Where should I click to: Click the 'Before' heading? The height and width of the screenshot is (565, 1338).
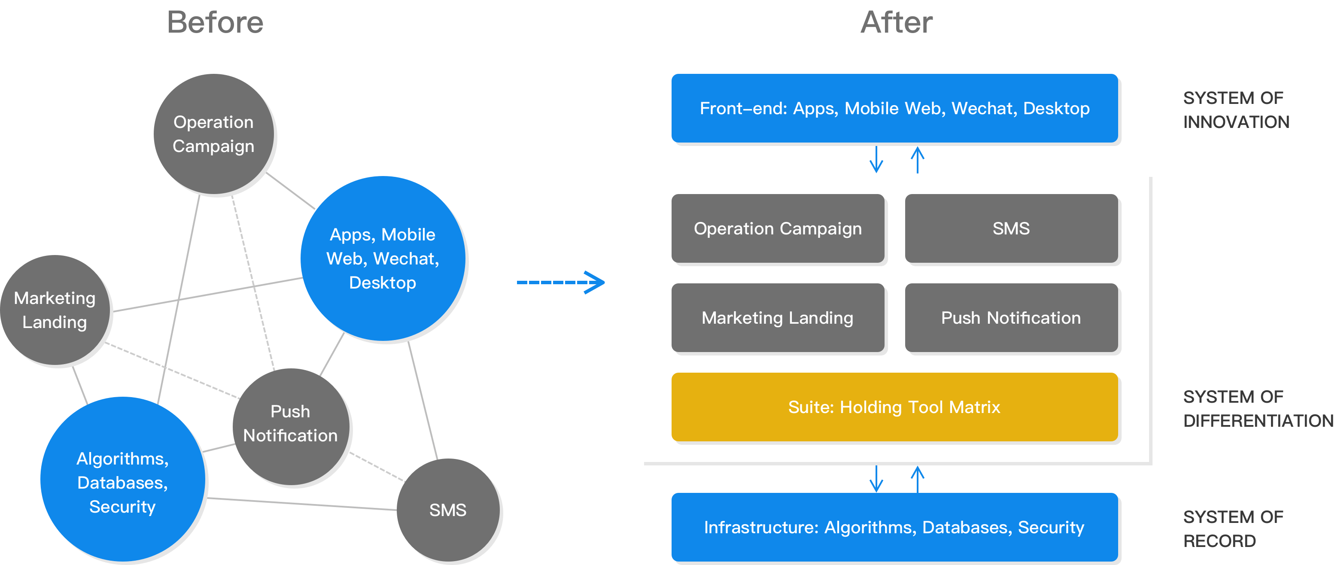[x=215, y=23]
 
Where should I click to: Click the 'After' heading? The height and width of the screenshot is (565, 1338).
[x=897, y=23]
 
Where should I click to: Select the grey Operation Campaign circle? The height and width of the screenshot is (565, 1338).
[x=214, y=134]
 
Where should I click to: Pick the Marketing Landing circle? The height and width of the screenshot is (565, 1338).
[x=55, y=310]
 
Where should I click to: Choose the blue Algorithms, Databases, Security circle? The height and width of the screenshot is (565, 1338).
[x=122, y=480]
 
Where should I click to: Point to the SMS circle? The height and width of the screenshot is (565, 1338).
[x=448, y=510]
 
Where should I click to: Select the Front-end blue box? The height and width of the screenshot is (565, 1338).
[x=894, y=108]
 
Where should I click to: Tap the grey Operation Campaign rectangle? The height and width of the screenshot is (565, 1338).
[x=778, y=228]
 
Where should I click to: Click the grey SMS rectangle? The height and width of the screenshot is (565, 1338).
[x=1011, y=228]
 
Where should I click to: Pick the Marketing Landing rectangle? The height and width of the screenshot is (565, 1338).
[x=778, y=318]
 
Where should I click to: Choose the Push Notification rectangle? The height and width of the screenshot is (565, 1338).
[x=1011, y=318]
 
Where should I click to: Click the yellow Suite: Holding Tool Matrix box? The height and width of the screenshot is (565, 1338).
[x=894, y=407]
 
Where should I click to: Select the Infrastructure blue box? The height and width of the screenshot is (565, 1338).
[x=894, y=528]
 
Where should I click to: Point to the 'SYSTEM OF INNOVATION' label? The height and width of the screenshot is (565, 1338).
[x=1235, y=110]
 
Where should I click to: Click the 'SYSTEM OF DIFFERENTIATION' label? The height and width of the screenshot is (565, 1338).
[x=1257, y=409]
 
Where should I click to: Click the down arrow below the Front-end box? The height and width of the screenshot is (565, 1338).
[x=876, y=159]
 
